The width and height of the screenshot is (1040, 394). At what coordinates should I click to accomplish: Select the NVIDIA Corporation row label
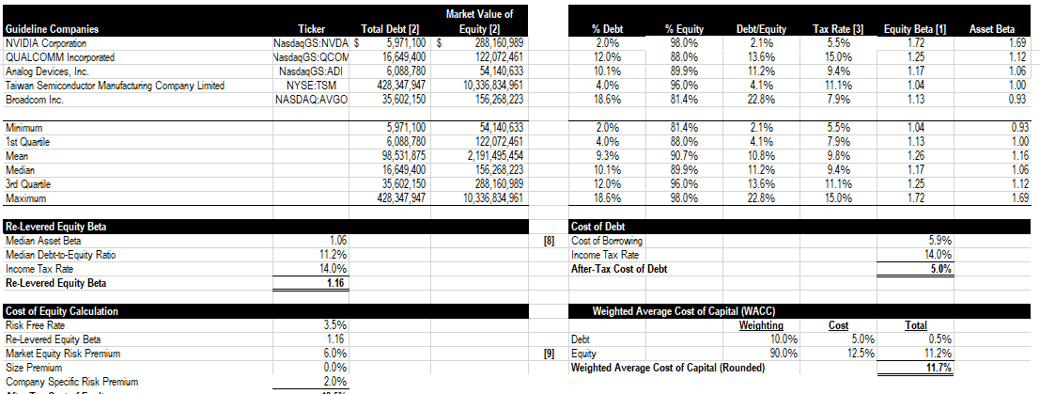pyautogui.click(x=46, y=43)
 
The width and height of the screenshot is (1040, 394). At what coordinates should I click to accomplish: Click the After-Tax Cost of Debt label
pyautogui.click(x=619, y=269)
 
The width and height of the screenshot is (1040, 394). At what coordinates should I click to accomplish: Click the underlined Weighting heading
pyautogui.click(x=761, y=325)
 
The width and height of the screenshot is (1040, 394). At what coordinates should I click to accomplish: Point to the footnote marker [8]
pyautogui.click(x=551, y=241)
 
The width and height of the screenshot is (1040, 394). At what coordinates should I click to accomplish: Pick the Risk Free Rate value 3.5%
pyautogui.click(x=335, y=325)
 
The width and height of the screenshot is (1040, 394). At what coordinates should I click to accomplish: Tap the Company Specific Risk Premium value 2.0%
pyautogui.click(x=335, y=382)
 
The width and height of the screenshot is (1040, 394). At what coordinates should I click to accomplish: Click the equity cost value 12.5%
pyautogui.click(x=861, y=354)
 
